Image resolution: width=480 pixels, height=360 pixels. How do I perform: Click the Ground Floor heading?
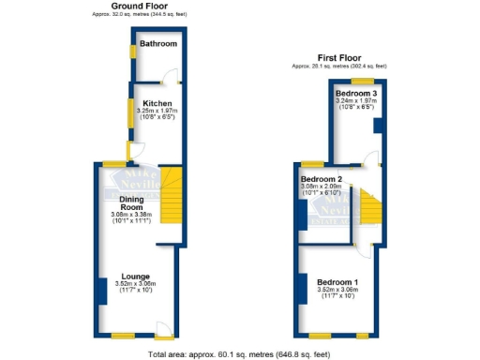[x=138, y=6]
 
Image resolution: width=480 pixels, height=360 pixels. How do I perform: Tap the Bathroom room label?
[x=158, y=43]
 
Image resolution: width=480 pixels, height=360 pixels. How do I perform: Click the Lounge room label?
[x=135, y=277]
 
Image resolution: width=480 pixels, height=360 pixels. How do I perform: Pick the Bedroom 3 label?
[x=356, y=95]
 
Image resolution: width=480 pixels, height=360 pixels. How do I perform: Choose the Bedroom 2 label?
[x=321, y=179]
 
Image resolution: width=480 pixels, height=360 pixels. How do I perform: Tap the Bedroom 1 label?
[x=336, y=282]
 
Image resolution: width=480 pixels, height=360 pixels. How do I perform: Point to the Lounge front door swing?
[x=165, y=330]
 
